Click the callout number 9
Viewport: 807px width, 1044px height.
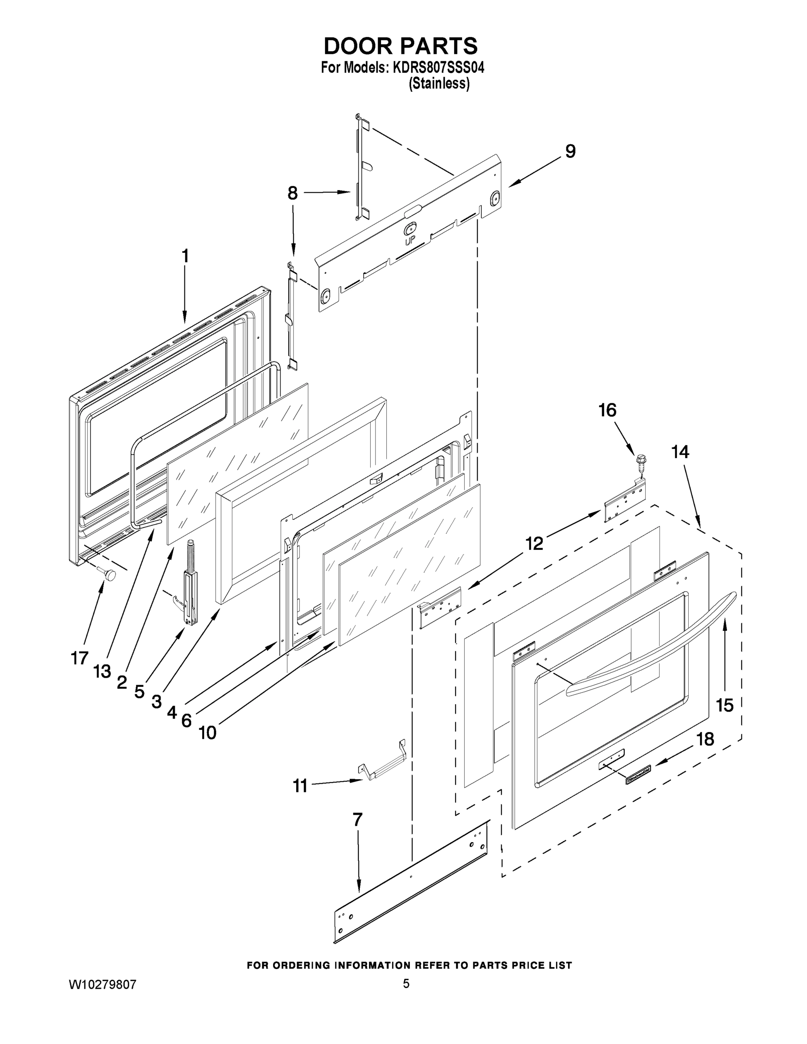click(x=570, y=151)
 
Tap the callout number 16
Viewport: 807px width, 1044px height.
click(x=607, y=410)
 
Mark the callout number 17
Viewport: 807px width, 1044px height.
click(x=80, y=658)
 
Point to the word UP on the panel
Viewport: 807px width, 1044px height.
click(x=410, y=241)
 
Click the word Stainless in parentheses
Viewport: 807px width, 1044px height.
click(x=439, y=84)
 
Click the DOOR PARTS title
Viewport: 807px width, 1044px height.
click(x=401, y=46)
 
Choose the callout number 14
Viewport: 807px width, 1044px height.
click(x=680, y=452)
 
